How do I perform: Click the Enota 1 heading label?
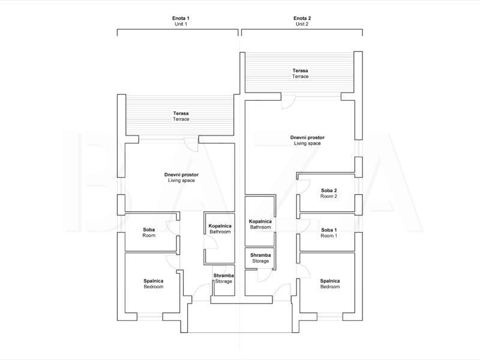click(181, 19)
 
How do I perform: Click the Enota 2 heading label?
click(302, 19)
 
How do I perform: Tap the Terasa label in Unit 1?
click(181, 113)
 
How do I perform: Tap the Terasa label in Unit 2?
click(301, 71)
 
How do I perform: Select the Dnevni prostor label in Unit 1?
click(181, 175)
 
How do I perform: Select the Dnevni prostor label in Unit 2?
click(307, 138)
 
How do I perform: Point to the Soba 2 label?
click(329, 190)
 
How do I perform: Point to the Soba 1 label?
click(329, 230)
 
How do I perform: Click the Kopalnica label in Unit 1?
click(220, 226)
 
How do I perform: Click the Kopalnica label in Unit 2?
click(260, 221)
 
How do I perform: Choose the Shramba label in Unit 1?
click(224, 275)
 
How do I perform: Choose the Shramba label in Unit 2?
click(260, 255)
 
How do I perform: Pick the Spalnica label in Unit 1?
click(154, 281)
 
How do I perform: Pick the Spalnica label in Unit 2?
click(330, 281)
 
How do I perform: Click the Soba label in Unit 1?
click(149, 230)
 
